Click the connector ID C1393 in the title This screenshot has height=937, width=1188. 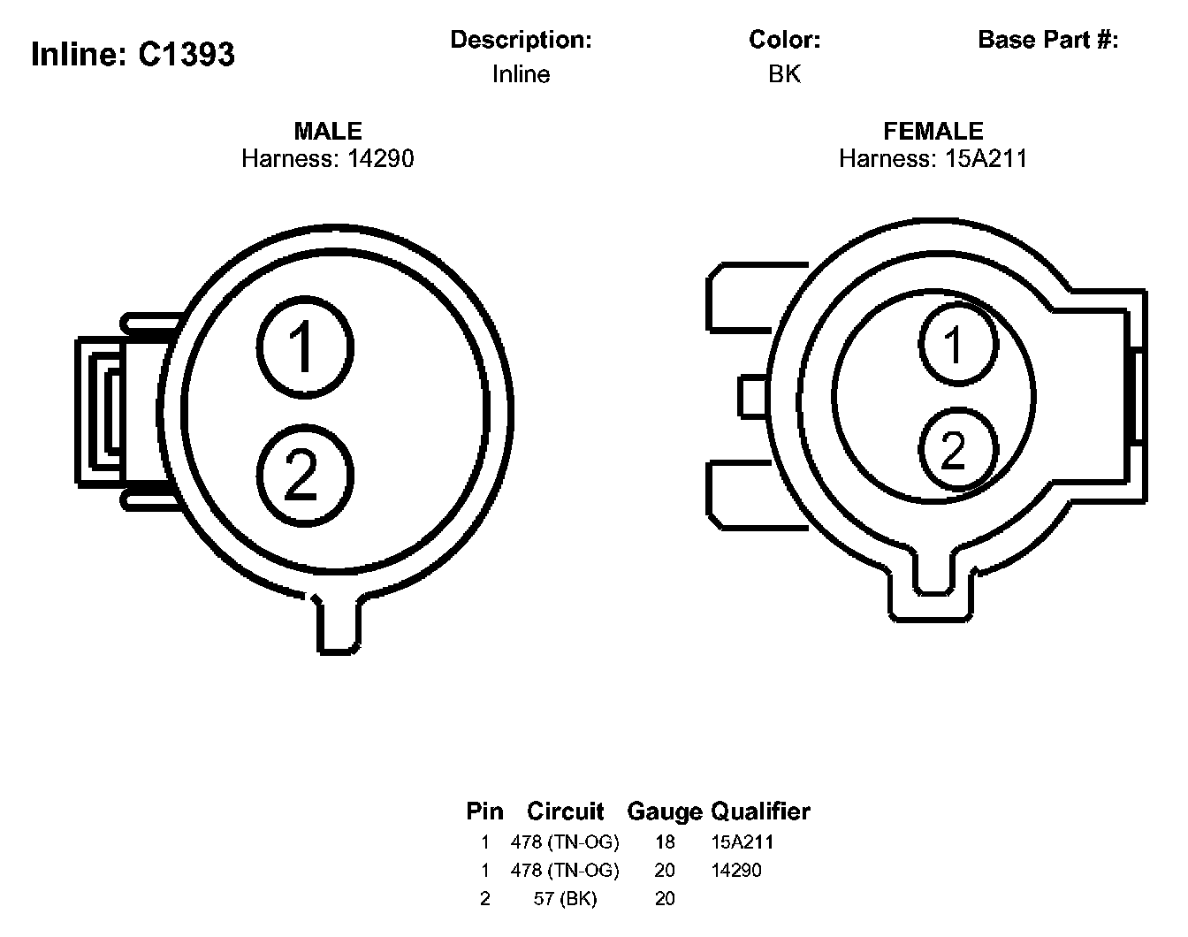coord(187,55)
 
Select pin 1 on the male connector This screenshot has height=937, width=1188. coord(305,345)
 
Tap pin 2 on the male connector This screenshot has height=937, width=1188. coord(305,474)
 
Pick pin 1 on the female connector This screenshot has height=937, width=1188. coord(957,343)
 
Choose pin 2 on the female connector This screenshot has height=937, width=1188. coord(957,449)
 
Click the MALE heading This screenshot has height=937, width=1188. coord(328,131)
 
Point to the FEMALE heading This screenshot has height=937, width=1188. coord(933,131)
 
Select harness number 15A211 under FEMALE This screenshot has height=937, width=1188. coord(982,159)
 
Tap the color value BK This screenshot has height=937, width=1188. coord(784,74)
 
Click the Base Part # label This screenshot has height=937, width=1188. coord(1047,40)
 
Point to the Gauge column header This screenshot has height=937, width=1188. coord(664,811)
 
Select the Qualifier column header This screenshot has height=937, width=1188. coord(761,811)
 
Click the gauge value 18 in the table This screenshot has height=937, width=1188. coord(665,842)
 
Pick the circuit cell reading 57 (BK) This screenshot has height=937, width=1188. coord(566,899)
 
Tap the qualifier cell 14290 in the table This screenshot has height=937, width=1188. coord(736,871)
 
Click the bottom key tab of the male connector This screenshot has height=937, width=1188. coord(339,625)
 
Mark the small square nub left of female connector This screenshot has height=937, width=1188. coord(752,396)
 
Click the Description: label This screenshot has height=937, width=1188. coord(521,40)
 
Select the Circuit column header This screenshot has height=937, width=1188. coord(566,811)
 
